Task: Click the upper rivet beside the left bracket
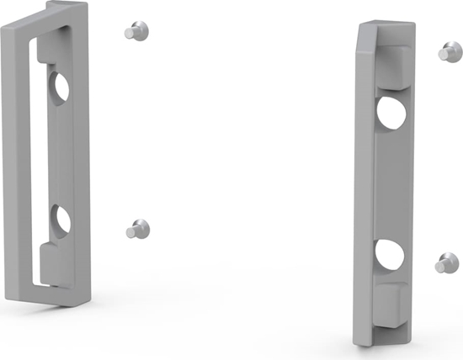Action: (x=135, y=31)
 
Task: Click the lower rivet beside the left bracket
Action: (x=137, y=228)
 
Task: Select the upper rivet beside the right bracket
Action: (x=445, y=52)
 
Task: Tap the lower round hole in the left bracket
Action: (x=61, y=220)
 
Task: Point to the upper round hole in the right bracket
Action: (x=391, y=113)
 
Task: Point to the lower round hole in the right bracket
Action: (x=390, y=255)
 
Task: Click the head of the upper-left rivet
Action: (x=139, y=30)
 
